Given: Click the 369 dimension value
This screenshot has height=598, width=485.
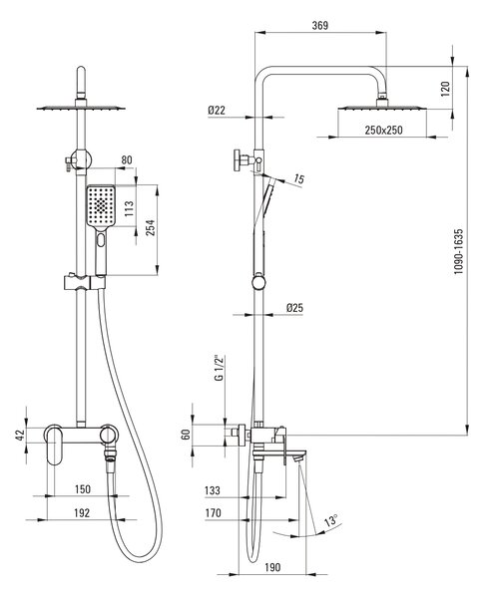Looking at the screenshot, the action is (x=320, y=25).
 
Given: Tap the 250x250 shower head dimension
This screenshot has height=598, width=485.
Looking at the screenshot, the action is (x=383, y=130).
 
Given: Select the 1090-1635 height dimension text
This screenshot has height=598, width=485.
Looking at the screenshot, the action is (x=458, y=251).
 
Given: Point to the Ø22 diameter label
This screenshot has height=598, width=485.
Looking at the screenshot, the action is (x=217, y=111).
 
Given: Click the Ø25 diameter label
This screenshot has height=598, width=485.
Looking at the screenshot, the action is (x=294, y=307).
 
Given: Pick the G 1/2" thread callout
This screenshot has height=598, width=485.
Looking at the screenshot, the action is (x=219, y=368).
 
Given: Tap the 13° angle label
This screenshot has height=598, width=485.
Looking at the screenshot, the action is (x=331, y=520).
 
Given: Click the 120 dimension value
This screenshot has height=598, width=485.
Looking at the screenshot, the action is (x=446, y=89).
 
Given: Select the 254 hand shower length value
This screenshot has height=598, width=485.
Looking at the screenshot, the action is (x=151, y=227).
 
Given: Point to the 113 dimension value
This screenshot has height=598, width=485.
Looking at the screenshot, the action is (x=129, y=208).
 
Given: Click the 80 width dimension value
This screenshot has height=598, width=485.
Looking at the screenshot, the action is (x=127, y=159).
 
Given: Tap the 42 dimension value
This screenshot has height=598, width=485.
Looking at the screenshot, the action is (x=20, y=436).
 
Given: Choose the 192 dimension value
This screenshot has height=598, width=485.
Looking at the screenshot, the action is (x=82, y=513).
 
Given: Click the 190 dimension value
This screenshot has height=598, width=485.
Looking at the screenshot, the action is (x=272, y=567).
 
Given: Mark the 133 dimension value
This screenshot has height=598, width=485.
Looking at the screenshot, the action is (x=213, y=490).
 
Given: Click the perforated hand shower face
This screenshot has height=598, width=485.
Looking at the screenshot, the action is (x=101, y=206).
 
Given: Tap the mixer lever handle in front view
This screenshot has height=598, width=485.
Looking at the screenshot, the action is (x=55, y=445).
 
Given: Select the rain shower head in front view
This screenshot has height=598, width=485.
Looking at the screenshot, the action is (x=81, y=108).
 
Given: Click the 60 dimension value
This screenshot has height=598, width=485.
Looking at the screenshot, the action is (x=186, y=435).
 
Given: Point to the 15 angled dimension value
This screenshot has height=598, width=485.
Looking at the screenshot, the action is (x=299, y=178).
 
